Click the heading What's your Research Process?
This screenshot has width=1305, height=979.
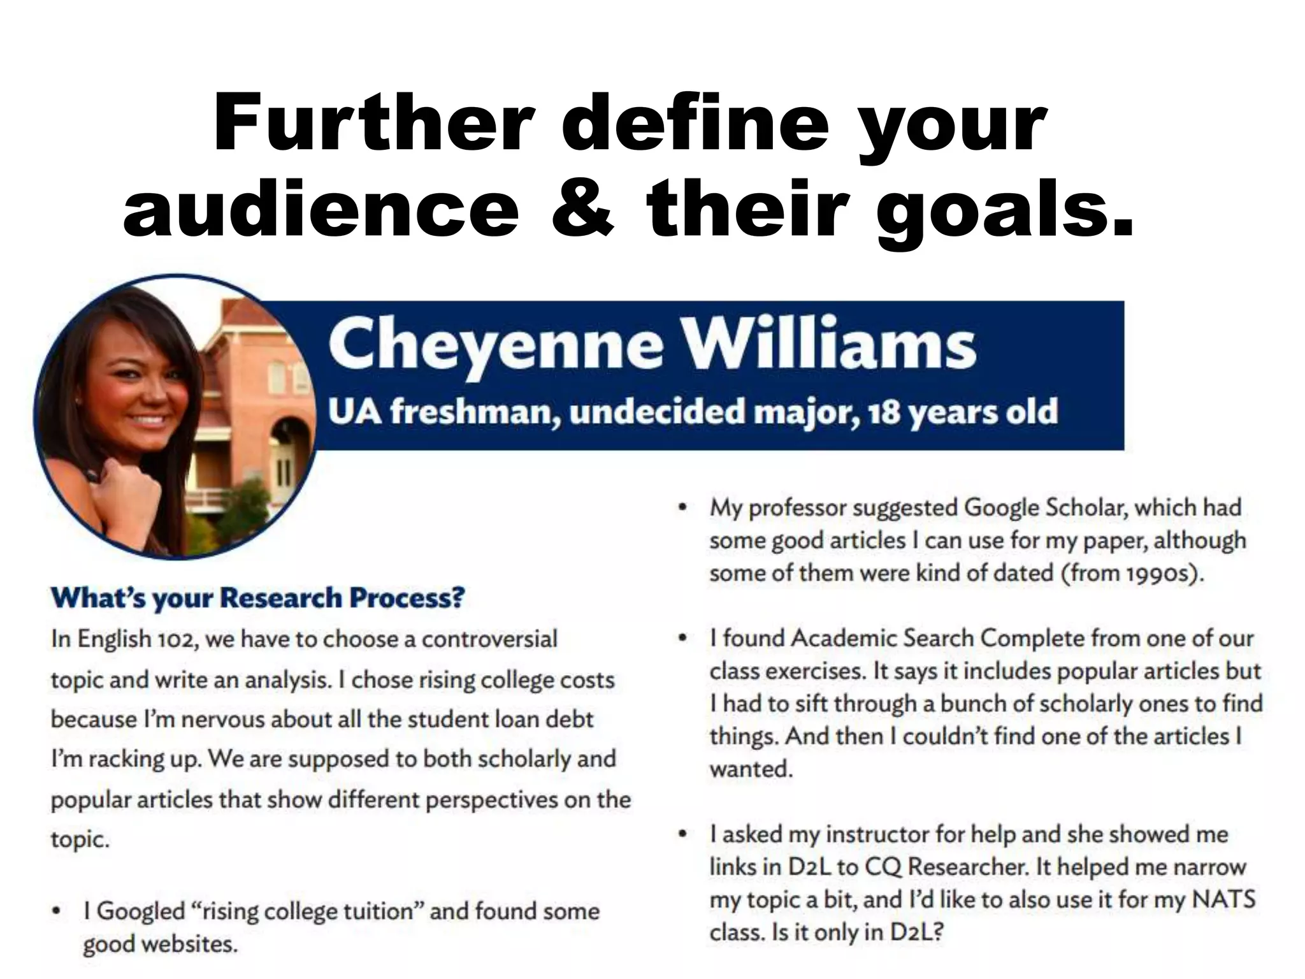pos(257,598)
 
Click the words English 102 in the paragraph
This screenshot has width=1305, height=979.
pos(135,639)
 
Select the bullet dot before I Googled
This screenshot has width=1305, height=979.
pos(58,910)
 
